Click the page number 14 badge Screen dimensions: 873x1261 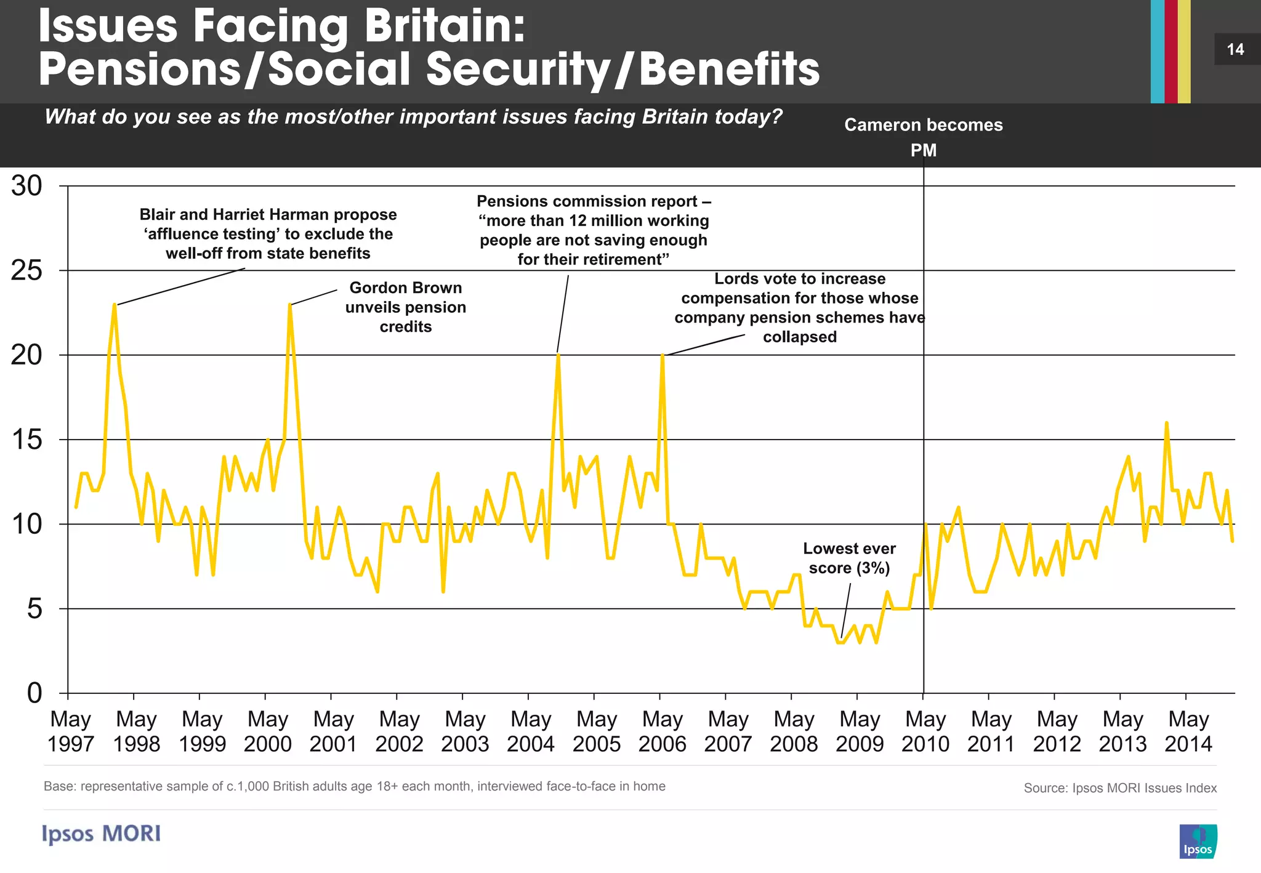(1236, 49)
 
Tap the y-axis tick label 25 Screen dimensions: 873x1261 (26, 270)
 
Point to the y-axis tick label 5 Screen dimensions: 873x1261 (34, 609)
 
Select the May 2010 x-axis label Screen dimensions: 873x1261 (925, 731)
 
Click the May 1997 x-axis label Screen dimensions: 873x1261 (71, 731)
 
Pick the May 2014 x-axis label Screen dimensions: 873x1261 (1188, 731)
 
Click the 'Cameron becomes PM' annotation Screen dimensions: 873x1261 (924, 137)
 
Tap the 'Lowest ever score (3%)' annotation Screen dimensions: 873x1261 (849, 558)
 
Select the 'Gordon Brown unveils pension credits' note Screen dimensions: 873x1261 (406, 307)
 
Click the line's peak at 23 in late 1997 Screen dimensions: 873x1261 (115, 305)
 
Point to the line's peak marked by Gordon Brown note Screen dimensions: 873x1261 (289, 305)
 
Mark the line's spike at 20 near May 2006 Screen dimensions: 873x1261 (662, 356)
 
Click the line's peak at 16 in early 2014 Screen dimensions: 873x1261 (1166, 424)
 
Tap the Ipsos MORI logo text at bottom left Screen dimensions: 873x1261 (102, 834)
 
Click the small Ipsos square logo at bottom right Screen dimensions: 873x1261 (1198, 841)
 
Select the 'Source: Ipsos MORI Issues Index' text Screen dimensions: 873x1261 (1120, 788)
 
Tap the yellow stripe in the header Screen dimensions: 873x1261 (1184, 51)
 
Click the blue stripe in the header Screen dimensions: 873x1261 (1157, 51)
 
